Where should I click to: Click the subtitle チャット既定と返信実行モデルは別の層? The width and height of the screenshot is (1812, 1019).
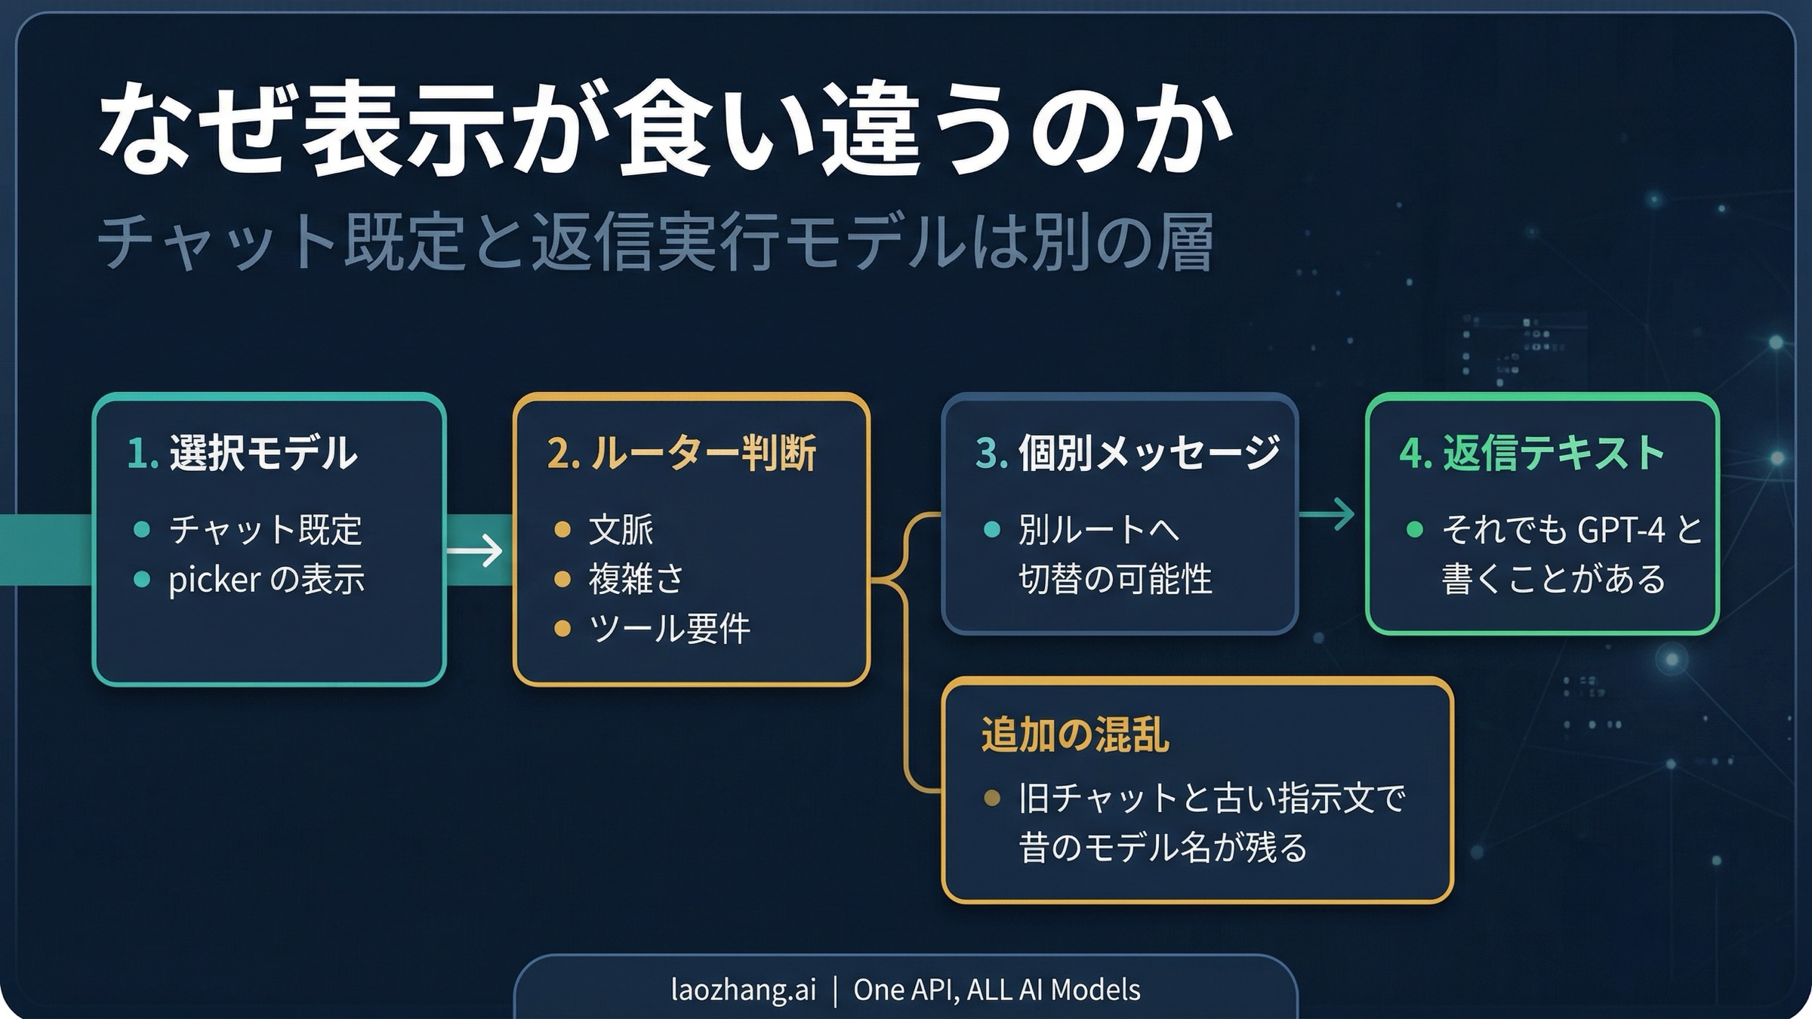[655, 242]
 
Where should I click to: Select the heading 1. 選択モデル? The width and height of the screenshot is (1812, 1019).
[242, 453]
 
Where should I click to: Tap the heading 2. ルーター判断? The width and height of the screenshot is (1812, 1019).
[681, 453]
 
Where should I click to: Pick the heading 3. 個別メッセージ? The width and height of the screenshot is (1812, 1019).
[1127, 453]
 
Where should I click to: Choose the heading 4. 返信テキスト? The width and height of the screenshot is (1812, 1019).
[1532, 453]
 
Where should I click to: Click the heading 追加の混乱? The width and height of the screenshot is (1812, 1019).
[1074, 734]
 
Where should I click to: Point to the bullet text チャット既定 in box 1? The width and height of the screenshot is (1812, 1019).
[266, 529]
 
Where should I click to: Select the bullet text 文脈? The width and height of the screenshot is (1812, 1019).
[621, 529]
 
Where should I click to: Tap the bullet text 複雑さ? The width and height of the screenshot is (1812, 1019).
[636, 580]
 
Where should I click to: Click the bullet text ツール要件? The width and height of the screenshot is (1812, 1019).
[669, 629]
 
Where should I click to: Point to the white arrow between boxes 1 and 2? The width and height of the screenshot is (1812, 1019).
[476, 550]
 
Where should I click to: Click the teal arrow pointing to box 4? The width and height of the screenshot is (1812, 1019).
[1329, 515]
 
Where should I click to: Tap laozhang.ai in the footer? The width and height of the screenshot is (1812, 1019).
[743, 990]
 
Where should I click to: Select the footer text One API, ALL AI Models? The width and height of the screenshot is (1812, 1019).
[997, 990]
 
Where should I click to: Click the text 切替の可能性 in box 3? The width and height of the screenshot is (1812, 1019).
[1115, 580]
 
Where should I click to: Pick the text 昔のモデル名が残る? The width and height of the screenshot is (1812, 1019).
[1163, 847]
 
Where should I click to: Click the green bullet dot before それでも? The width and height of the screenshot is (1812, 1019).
[1415, 529]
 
